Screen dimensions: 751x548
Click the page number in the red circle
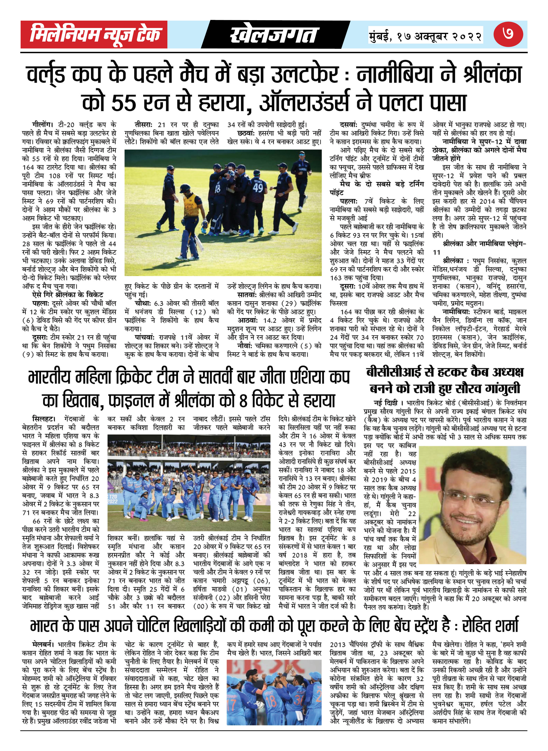click(x=508, y=34)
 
